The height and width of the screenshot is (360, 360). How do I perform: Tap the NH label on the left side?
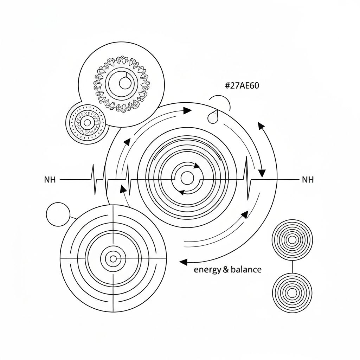point(50,180)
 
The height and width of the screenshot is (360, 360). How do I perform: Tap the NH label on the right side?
point(308,180)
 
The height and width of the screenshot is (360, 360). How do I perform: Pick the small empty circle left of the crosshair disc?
point(58,214)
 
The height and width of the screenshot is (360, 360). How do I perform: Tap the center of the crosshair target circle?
point(113,259)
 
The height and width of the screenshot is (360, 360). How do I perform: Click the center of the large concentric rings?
point(187,178)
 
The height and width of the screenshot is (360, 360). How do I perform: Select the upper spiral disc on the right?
point(292,240)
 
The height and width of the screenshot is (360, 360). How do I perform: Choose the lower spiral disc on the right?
point(292,292)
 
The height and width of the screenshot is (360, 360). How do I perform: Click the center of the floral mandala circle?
point(124,83)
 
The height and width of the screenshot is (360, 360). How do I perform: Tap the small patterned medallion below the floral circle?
point(86,123)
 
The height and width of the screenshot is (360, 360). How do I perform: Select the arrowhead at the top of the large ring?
point(187,111)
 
